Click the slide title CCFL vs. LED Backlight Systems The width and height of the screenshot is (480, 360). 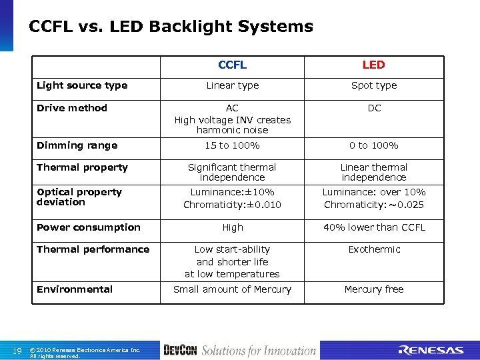tap(171, 27)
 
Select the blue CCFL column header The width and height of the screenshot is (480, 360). tap(232, 65)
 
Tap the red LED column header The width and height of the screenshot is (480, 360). tap(373, 65)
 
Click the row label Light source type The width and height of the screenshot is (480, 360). tap(82, 85)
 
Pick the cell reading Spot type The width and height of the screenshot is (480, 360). tap(374, 85)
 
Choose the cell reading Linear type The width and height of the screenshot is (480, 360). tap(232, 85)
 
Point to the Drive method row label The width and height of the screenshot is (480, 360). tap(72, 108)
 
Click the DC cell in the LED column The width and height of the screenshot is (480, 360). tap(374, 108)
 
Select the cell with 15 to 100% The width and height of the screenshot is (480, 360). tap(232, 145)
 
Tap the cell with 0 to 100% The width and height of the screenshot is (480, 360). tap(374, 145)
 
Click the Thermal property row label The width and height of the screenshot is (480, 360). tap(82, 167)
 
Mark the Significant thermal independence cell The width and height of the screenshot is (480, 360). tap(232, 172)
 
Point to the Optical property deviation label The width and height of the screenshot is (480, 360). tap(79, 197)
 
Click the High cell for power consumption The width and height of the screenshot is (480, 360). tap(233, 227)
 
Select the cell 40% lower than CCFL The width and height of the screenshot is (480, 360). tap(374, 227)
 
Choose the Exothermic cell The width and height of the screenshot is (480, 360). tap(374, 249)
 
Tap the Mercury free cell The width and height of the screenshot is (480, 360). tap(374, 289)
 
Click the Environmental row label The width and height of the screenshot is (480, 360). tap(75, 289)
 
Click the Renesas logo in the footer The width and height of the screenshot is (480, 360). tap(431, 351)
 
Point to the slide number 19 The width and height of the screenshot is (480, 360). tap(17, 351)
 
